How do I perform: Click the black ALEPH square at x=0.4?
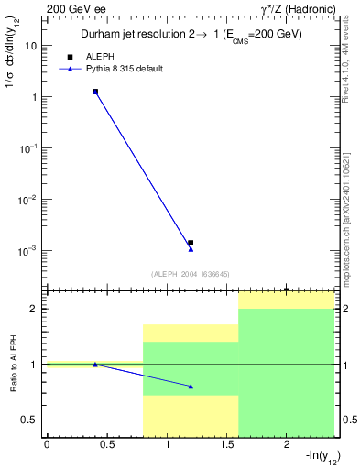pyautogui.click(x=94, y=92)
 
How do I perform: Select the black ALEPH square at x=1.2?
pyautogui.click(x=191, y=243)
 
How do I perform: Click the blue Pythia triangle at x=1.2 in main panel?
pyautogui.click(x=191, y=249)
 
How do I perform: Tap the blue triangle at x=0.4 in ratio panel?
pyautogui.click(x=94, y=365)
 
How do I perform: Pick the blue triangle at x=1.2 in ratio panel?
pyautogui.click(x=191, y=386)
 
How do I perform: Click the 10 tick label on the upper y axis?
pyautogui.click(x=31, y=45)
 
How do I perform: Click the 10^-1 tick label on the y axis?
pyautogui.click(x=28, y=147)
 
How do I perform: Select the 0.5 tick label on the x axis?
pyautogui.click(x=106, y=446)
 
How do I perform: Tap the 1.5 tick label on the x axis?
pyautogui.click(x=226, y=446)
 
